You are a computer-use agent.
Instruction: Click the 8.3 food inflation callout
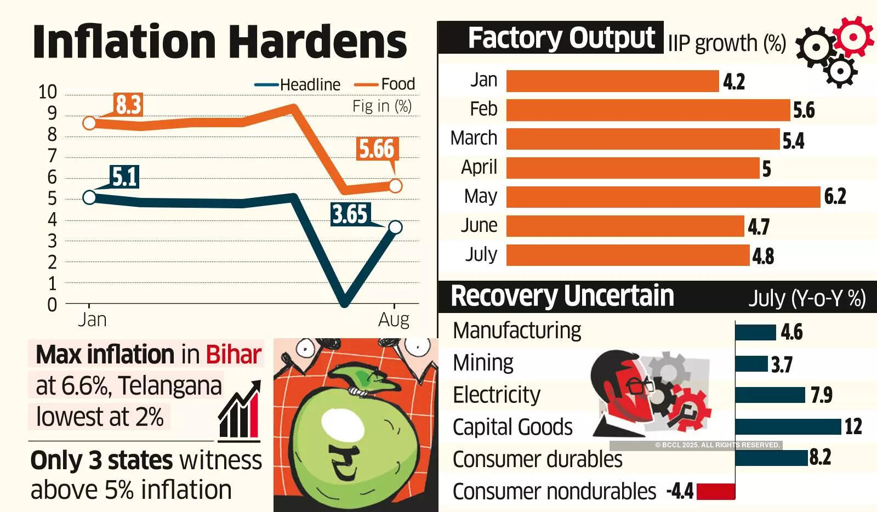(128, 105)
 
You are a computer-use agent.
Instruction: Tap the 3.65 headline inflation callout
(350, 214)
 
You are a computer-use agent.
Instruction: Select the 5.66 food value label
(377, 149)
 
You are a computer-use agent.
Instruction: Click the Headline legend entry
(298, 85)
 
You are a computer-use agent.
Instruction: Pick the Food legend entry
(385, 84)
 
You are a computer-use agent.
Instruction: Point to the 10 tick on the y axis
(48, 92)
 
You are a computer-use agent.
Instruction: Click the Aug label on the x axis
(394, 319)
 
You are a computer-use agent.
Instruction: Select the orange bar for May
(663, 197)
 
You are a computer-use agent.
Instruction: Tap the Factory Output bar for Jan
(612, 81)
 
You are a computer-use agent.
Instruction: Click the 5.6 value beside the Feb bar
(804, 111)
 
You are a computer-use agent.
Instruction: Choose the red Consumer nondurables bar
(715, 491)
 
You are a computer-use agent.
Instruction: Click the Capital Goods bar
(788, 426)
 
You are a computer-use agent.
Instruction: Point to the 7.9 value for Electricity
(822, 395)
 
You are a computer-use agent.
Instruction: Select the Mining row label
(483, 363)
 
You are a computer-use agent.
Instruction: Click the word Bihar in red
(234, 355)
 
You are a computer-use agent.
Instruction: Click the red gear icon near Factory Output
(852, 36)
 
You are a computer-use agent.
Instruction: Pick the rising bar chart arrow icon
(240, 411)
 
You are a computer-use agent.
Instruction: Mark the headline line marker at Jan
(89, 197)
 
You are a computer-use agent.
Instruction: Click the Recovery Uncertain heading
(562, 296)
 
